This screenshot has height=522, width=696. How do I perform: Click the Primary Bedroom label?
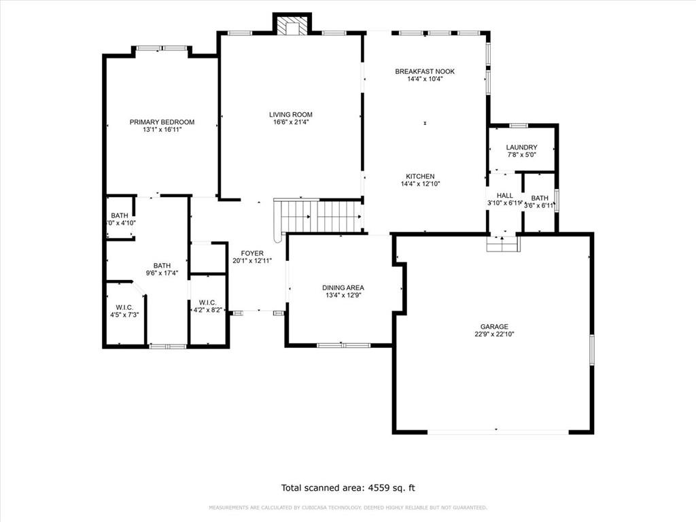pyautogui.click(x=162, y=122)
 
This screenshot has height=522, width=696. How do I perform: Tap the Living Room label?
pyautogui.click(x=290, y=114)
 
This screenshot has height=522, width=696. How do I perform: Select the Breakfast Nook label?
pyautogui.click(x=425, y=71)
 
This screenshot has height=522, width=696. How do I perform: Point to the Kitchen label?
pyautogui.click(x=420, y=176)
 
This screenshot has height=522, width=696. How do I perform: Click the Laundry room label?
pyautogui.click(x=521, y=147)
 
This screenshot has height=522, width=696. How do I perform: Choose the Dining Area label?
pyautogui.click(x=343, y=288)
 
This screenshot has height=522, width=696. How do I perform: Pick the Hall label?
pyautogui.click(x=504, y=195)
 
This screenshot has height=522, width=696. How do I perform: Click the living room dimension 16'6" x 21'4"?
pyautogui.click(x=290, y=122)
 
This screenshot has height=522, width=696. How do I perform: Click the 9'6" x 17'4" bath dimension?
pyautogui.click(x=162, y=273)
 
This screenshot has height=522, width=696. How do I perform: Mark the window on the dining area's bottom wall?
pyautogui.click(x=343, y=345)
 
